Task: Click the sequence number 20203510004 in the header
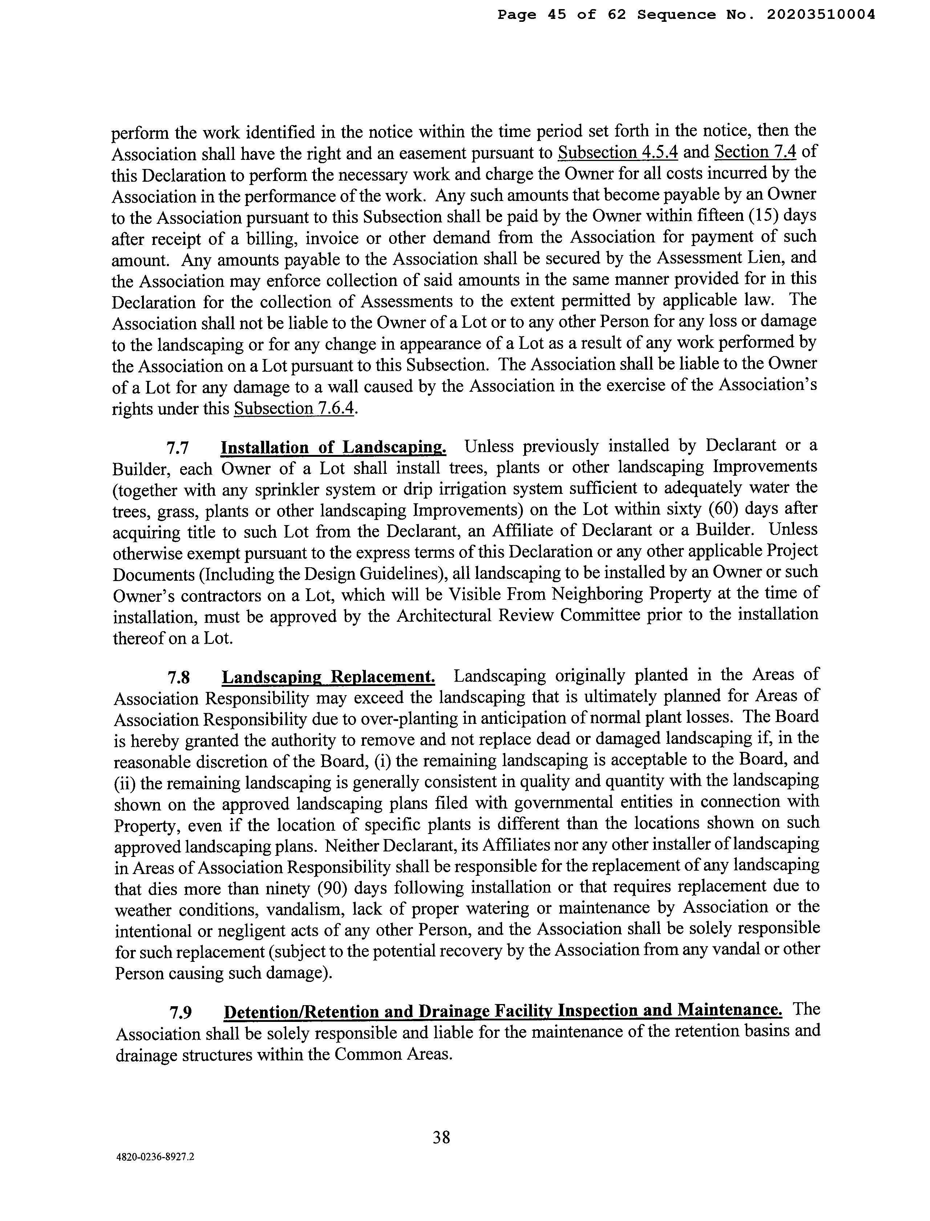(820, 15)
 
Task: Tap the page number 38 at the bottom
(441, 1137)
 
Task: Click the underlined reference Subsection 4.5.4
(618, 152)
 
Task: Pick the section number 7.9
(181, 1012)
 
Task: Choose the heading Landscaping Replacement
(328, 677)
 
